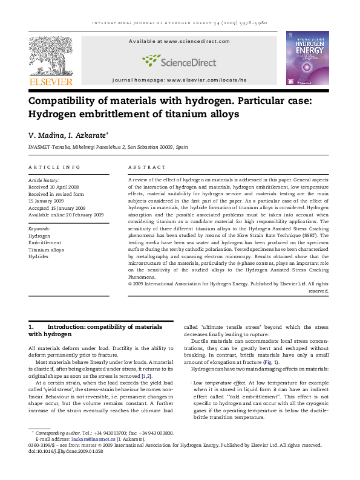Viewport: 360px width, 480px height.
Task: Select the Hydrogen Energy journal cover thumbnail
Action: [x=307, y=58]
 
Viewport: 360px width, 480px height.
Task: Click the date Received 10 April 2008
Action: [x=54, y=187]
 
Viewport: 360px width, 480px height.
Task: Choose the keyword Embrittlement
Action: [x=44, y=242]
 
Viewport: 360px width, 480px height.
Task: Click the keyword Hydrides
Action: [x=38, y=256]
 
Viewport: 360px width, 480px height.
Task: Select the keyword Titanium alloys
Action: [x=46, y=250]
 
